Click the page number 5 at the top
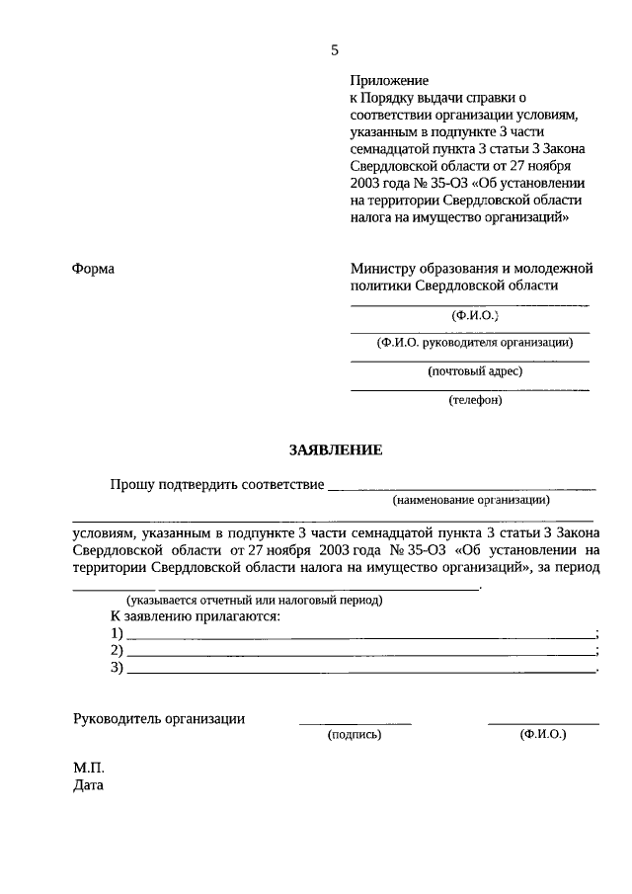[335, 50]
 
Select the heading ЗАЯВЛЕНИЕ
[335, 450]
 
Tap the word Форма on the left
[94, 269]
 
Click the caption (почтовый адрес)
[474, 371]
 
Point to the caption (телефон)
[475, 400]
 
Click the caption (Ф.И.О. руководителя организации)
[475, 343]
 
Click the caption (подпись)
[354, 735]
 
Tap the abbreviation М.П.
[87, 768]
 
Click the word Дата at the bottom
[88, 786]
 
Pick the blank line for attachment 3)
[361, 673]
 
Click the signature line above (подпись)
[355, 724]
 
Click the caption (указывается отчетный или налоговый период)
[253, 600]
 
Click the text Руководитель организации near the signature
[159, 719]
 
